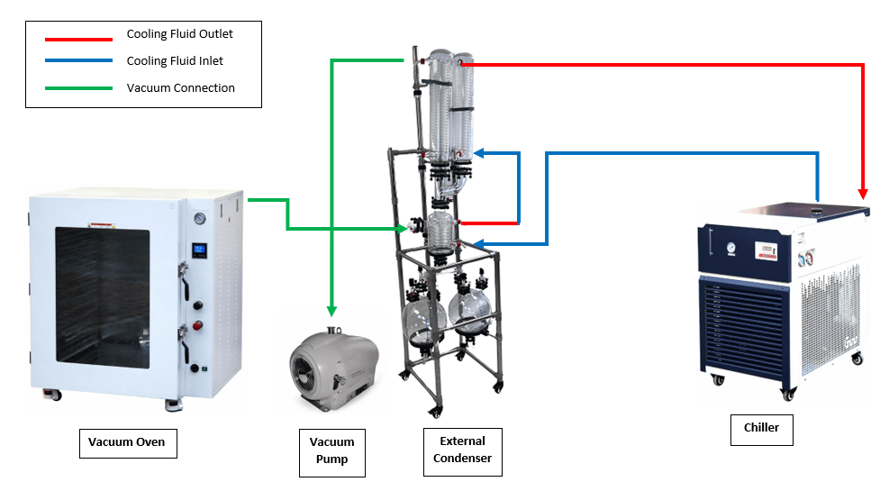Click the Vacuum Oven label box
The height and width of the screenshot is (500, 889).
127,443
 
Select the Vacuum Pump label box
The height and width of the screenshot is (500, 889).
332,451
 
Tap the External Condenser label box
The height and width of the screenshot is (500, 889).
462,450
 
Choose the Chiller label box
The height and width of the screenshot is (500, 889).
761,429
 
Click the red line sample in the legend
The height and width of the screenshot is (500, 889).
79,39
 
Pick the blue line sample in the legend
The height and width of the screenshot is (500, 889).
79,61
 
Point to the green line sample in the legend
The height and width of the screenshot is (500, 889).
79,87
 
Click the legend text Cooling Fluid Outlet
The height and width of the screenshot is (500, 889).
179,34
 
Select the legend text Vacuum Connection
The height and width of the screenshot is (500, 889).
180,88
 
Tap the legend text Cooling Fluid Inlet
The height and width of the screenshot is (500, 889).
175,61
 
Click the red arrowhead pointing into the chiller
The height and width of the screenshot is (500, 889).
864,193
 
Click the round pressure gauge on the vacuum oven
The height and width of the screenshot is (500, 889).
198,218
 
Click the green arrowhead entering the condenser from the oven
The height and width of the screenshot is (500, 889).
401,229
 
